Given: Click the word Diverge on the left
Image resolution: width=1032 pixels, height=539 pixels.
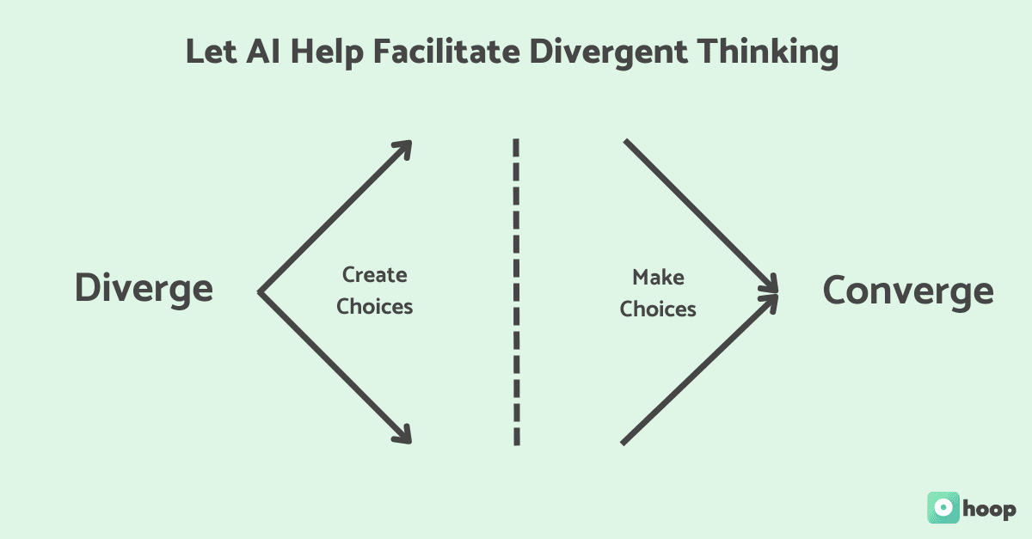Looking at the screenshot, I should coord(144,288).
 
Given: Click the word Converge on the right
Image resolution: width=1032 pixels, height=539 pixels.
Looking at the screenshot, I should coord(908,291).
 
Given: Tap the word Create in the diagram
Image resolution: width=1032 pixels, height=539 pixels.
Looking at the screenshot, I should coord(375,275).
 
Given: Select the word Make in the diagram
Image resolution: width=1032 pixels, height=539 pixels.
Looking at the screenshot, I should coord(658,277).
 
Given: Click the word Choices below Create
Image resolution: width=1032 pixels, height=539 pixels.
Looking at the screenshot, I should coord(375,307).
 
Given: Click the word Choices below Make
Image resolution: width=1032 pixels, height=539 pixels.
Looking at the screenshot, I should coord(658,309).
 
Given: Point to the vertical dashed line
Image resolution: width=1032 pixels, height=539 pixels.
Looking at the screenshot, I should coord(516,292).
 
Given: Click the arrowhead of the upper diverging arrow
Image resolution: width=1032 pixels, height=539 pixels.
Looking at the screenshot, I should coord(405,148).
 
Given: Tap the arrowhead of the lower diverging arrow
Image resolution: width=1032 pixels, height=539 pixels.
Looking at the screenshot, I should coord(405,437).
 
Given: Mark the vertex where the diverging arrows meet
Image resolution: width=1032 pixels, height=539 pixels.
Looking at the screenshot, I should coord(260,293).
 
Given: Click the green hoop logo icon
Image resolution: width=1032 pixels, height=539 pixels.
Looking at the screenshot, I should coord(943,507).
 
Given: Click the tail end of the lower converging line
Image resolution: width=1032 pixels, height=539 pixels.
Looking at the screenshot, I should coord(623,442).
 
